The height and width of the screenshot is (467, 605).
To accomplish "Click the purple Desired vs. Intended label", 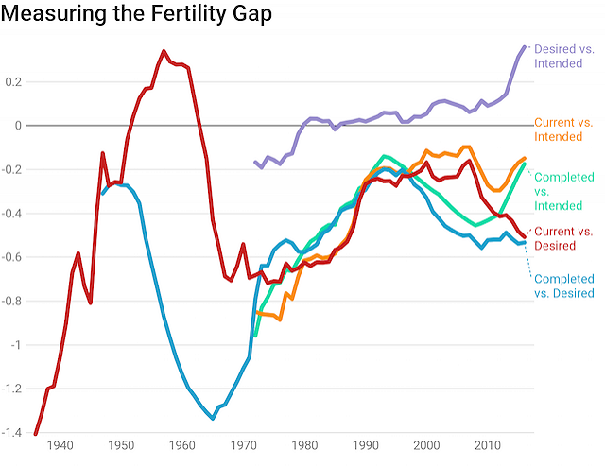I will click(x=563, y=56).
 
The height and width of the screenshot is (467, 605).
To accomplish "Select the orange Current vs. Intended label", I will click(x=563, y=130).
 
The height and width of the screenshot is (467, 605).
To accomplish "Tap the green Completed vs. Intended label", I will click(x=564, y=191).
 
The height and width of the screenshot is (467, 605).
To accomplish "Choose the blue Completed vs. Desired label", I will click(x=564, y=285).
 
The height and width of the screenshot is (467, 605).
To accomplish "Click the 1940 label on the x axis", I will click(x=60, y=446).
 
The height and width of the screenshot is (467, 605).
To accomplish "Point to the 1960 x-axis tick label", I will click(x=182, y=446).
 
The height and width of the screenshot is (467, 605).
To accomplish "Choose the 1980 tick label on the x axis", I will click(x=304, y=446).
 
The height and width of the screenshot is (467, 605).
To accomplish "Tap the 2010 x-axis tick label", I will click(x=488, y=446).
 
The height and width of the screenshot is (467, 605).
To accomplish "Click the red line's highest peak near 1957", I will click(x=164, y=51).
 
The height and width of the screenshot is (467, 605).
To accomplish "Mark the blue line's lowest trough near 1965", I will click(x=213, y=419).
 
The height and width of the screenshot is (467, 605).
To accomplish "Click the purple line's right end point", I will click(x=526, y=46).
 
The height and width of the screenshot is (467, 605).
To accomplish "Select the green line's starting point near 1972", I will click(x=255, y=335).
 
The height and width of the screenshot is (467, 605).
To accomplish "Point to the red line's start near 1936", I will click(x=36, y=434).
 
